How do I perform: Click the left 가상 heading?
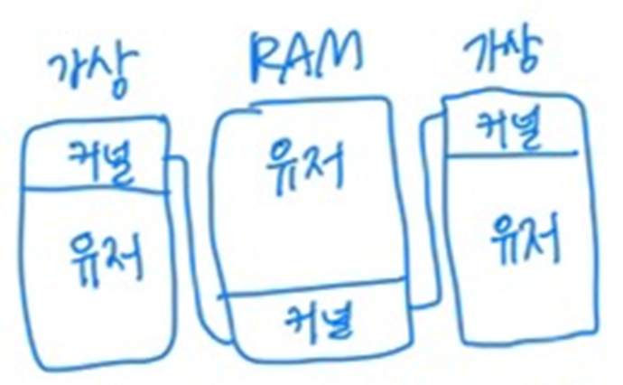tap(93, 73)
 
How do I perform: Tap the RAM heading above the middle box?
tap(303, 56)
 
